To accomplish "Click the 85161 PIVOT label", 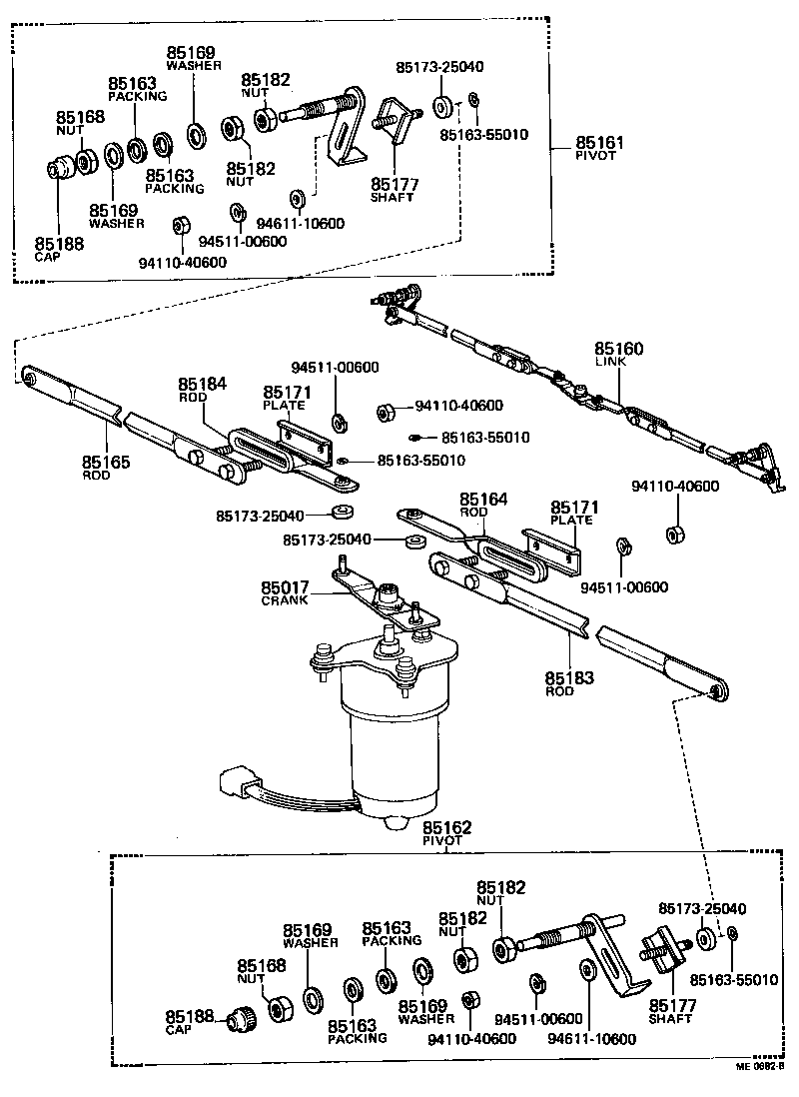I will coord(599,149).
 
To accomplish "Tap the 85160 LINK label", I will coord(619,354).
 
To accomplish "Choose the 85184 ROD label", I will coord(203,389).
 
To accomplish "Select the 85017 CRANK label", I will coord(286,593).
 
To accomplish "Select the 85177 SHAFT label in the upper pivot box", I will coord(395,190).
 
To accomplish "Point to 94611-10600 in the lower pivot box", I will coord(591,1039).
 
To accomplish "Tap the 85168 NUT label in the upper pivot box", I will coord(80,123).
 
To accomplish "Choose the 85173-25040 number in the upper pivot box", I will coord(439,67).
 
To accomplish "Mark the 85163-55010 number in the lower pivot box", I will coord(733,980).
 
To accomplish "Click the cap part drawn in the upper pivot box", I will coord(62,167).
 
